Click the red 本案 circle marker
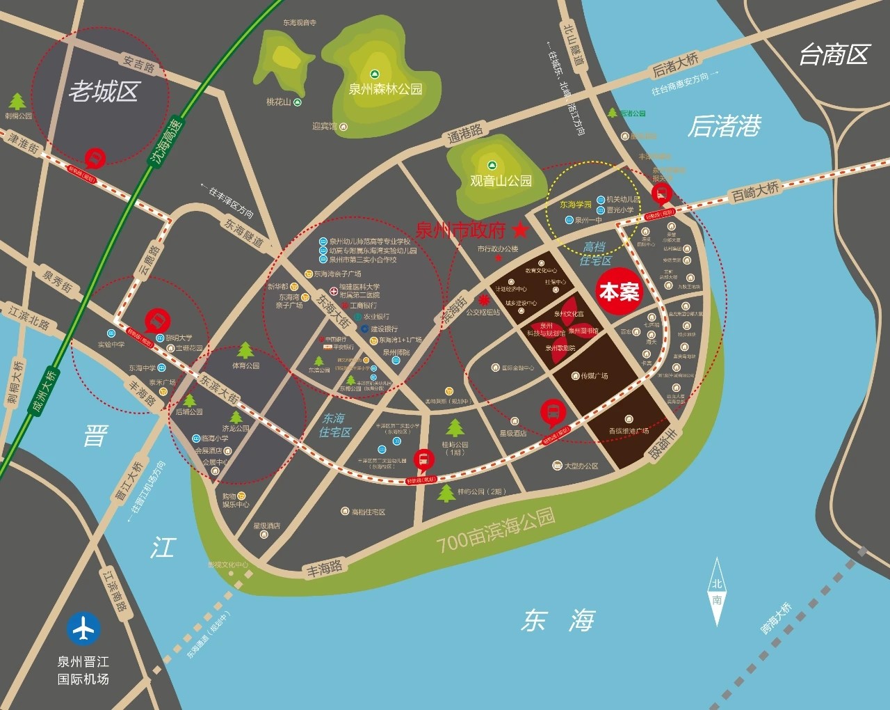click(x=619, y=292)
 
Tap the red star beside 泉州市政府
click(x=520, y=228)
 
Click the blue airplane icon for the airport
click(x=83, y=628)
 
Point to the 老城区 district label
click(x=104, y=91)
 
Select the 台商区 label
click(x=834, y=54)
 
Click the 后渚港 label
click(x=725, y=126)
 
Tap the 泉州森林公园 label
click(x=385, y=89)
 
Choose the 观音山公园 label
click(x=501, y=181)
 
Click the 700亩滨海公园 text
click(x=496, y=530)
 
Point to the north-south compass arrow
click(x=716, y=591)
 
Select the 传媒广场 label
click(x=594, y=376)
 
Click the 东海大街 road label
click(x=333, y=310)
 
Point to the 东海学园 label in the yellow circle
click(x=576, y=205)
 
